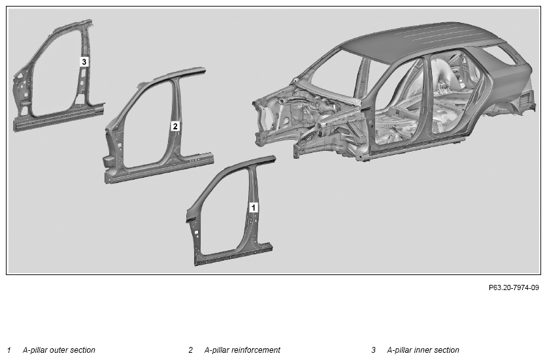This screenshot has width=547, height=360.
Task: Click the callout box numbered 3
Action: (84, 62)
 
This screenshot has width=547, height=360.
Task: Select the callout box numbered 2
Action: (175, 126)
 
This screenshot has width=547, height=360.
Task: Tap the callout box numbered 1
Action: (254, 207)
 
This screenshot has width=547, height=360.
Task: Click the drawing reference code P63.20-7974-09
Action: (514, 287)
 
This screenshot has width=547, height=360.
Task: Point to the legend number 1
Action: (9, 350)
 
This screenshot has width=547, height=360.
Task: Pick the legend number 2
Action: (190, 350)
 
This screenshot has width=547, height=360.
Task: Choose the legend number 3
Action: (373, 350)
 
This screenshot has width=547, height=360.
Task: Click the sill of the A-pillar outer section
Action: (233, 254)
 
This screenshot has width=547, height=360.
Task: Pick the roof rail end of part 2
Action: (201, 71)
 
